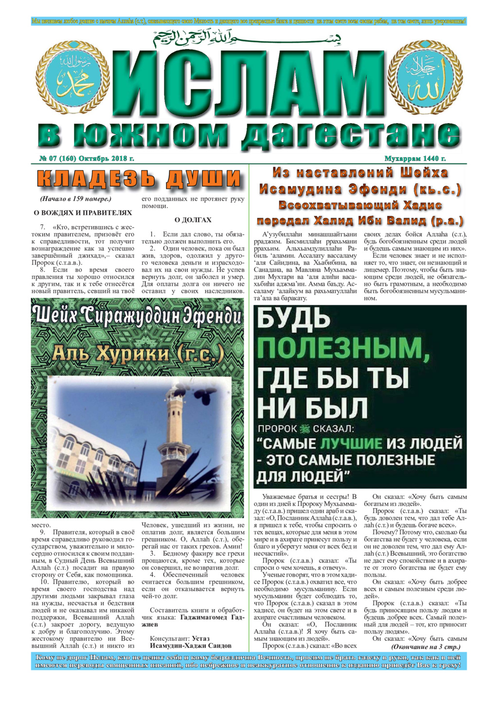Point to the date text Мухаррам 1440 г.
point(415,158)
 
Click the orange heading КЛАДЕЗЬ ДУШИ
point(139,179)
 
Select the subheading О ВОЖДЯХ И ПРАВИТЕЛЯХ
point(83,212)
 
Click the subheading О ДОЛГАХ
point(193,220)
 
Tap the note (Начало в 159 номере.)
point(75,199)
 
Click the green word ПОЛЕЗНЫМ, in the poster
point(343,348)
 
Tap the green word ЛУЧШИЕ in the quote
point(351,443)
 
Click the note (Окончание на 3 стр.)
point(426,647)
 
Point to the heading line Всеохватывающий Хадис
point(360,205)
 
